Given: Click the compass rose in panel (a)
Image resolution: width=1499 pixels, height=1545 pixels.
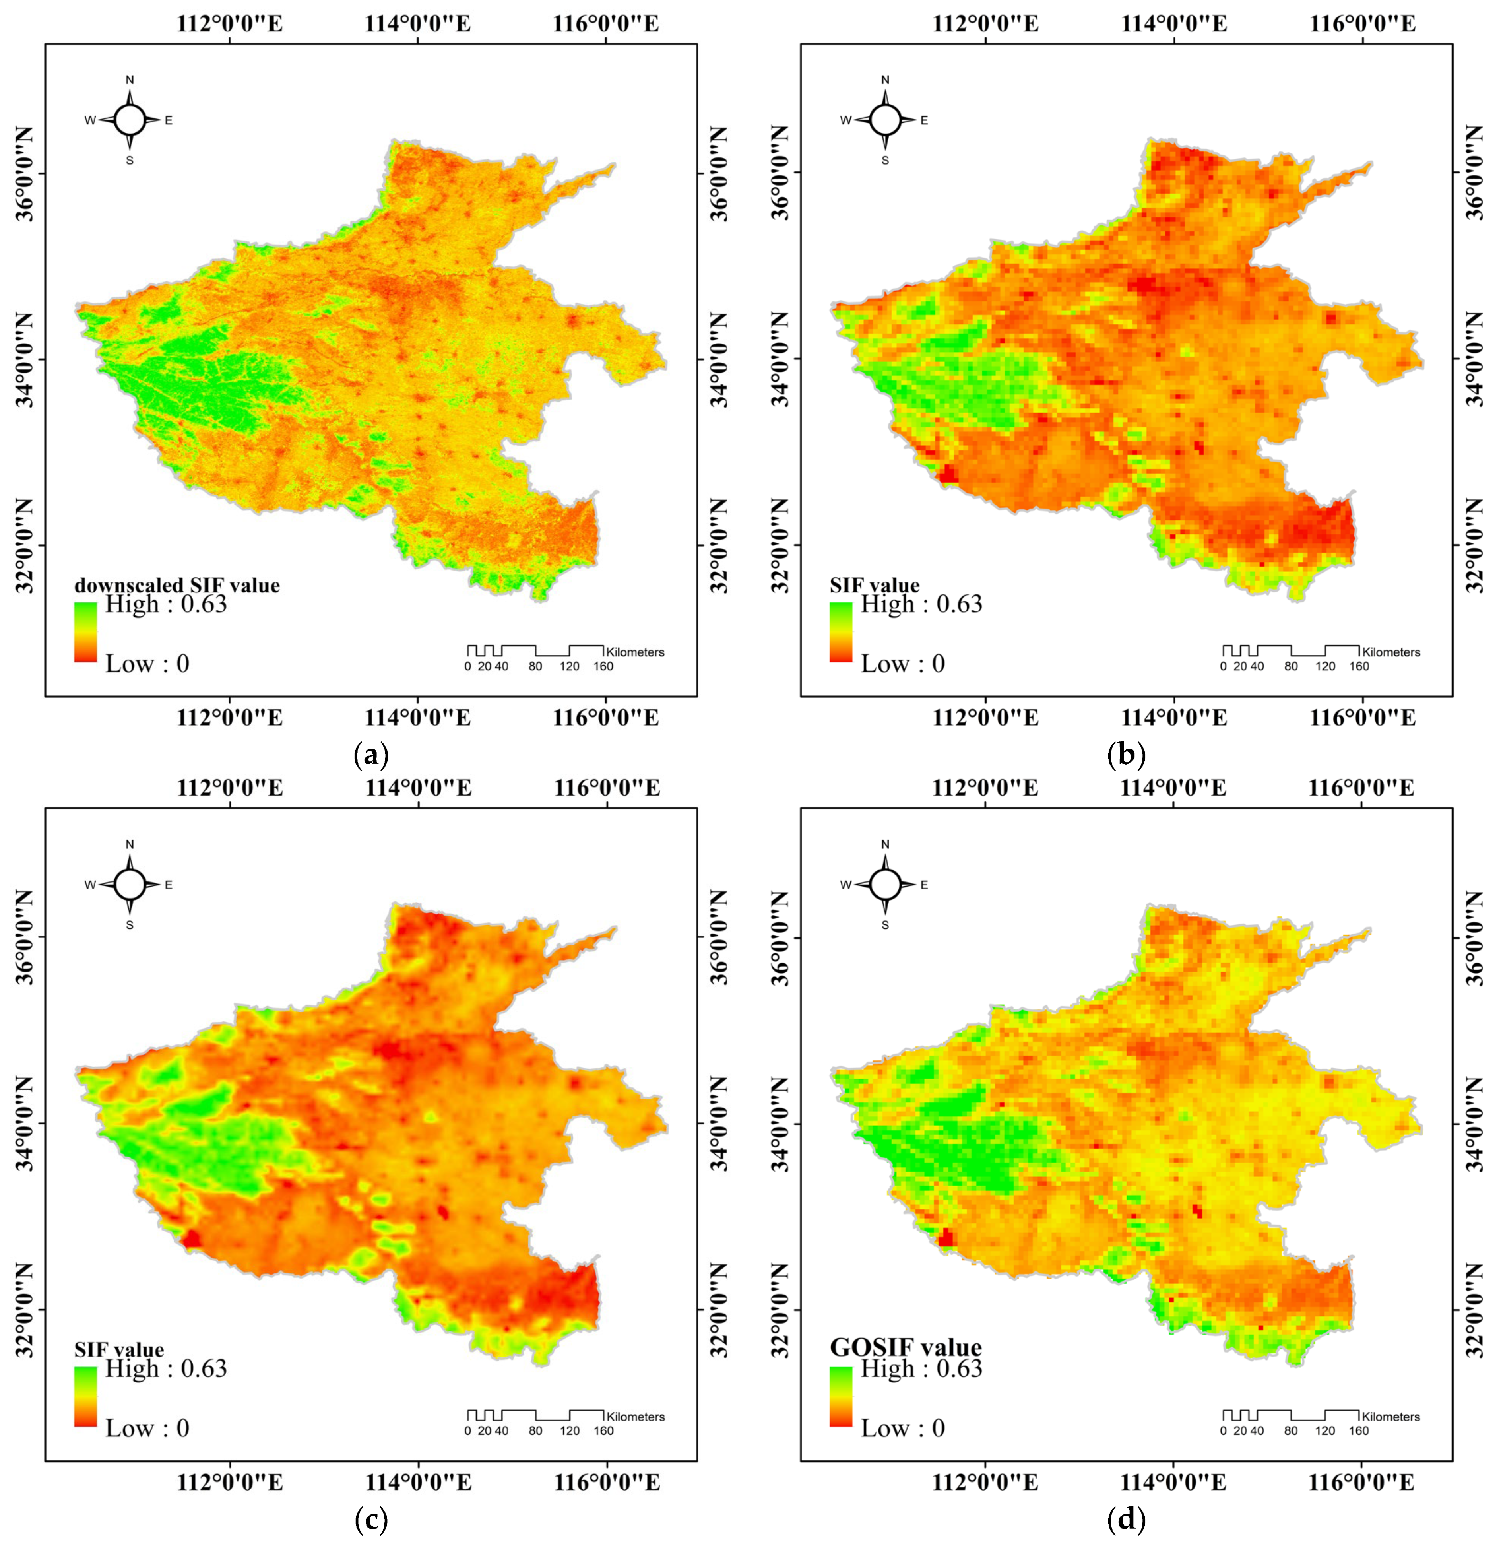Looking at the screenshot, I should click(130, 120).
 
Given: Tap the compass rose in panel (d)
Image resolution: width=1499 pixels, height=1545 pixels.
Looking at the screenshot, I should click(885, 885).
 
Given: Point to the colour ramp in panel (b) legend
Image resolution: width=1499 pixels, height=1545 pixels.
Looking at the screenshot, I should click(841, 631).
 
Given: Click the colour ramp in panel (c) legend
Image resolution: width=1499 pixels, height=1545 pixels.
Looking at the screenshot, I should click(85, 1396).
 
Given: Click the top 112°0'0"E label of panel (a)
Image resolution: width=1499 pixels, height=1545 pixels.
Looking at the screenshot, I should click(230, 23).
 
